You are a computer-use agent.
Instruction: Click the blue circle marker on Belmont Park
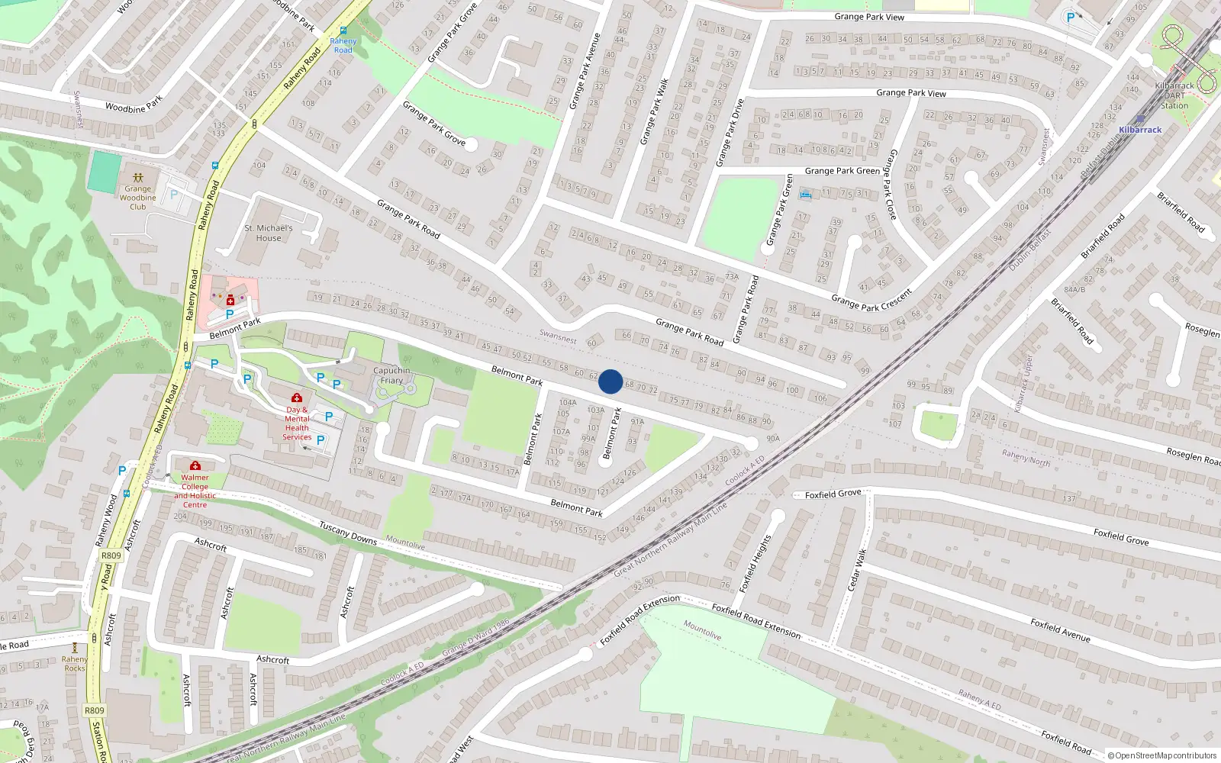click(610, 381)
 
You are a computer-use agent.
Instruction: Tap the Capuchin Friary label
click(391, 375)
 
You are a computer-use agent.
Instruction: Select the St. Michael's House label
click(269, 233)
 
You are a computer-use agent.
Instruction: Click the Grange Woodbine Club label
click(137, 198)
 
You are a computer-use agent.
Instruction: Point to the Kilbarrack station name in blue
click(1140, 130)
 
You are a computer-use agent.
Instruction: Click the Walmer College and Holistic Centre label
click(195, 491)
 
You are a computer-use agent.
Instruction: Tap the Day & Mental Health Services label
click(297, 423)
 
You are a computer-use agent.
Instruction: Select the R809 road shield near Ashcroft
click(111, 555)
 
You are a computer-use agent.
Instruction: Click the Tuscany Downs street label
click(348, 533)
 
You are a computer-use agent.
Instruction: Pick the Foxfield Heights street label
click(755, 563)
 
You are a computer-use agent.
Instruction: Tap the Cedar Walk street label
click(858, 569)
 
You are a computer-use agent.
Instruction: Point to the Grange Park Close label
click(890, 184)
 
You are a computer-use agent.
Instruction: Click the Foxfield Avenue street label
click(1060, 629)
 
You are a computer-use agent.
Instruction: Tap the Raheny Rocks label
click(75, 664)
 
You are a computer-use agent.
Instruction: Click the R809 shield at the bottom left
click(95, 710)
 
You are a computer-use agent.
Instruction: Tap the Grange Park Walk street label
click(654, 111)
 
